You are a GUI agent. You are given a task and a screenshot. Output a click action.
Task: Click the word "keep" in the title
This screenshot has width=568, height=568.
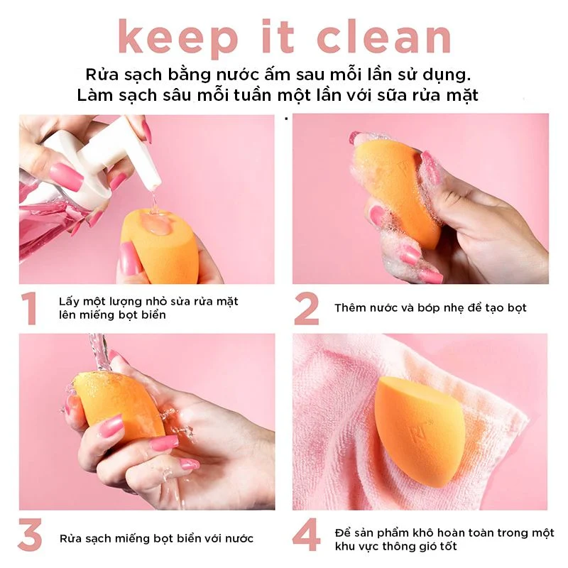pyautogui.click(x=178, y=38)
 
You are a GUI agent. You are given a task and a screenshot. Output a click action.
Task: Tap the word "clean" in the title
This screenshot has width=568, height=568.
pyautogui.click(x=384, y=37)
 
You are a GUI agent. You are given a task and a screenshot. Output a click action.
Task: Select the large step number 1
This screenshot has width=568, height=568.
pyautogui.click(x=29, y=308)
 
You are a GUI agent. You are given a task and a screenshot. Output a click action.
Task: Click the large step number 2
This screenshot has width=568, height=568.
pyautogui.click(x=307, y=308)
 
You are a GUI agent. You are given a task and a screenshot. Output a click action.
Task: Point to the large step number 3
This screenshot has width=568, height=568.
pyautogui.click(x=30, y=535)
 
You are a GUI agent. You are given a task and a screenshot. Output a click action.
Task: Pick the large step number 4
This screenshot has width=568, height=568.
pyautogui.click(x=307, y=535)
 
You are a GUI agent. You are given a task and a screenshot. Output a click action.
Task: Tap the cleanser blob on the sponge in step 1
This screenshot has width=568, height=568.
pyautogui.click(x=155, y=222)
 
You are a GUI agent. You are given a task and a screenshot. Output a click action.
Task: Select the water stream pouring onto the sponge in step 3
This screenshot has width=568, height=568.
pyautogui.click(x=99, y=351)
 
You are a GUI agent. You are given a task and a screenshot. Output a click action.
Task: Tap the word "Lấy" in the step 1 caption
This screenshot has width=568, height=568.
pyautogui.click(x=69, y=301)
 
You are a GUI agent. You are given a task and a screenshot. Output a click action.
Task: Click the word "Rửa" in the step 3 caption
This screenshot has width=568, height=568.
pyautogui.click(x=71, y=538)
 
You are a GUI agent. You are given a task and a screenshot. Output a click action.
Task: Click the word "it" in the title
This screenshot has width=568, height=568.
pyautogui.click(x=278, y=37)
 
